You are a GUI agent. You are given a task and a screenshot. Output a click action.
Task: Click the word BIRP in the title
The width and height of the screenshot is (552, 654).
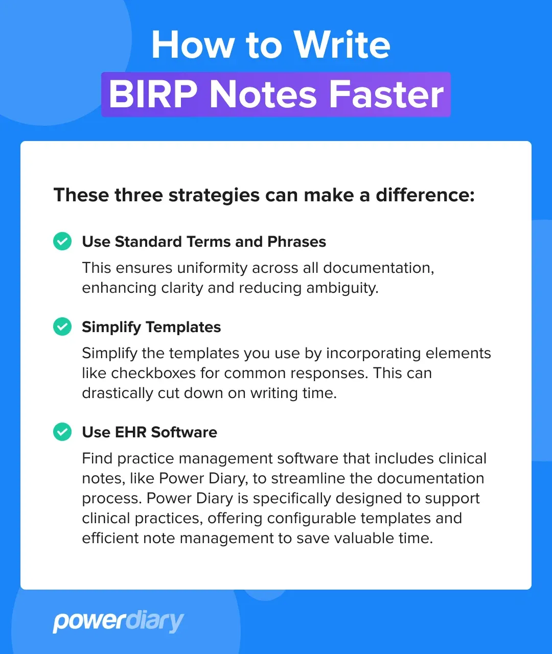(x=153, y=95)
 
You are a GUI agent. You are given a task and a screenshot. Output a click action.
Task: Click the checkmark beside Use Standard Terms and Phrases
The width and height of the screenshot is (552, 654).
(x=62, y=241)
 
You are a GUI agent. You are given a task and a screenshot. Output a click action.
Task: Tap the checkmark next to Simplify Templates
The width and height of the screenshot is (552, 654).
(x=62, y=326)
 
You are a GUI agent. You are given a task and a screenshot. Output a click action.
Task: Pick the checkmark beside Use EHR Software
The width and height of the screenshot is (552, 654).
(x=62, y=432)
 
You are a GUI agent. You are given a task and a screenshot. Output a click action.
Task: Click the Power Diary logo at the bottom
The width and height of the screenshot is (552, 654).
(x=118, y=621)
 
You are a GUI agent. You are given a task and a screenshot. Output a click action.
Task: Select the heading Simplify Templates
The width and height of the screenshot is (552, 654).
(x=151, y=327)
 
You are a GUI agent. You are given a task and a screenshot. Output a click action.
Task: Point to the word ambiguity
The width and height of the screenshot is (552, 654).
(x=342, y=288)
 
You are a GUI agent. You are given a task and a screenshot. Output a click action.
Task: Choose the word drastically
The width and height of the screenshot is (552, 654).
(x=119, y=393)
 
